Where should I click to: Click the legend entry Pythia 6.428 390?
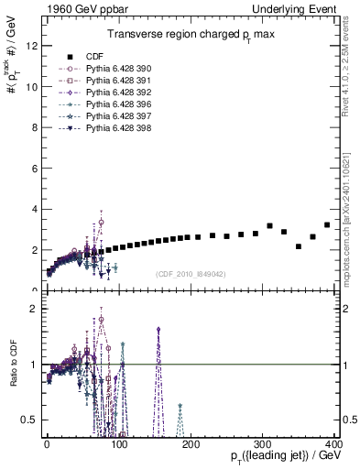(113, 69)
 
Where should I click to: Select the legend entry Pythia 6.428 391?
(113, 81)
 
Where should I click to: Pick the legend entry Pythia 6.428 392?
(113, 93)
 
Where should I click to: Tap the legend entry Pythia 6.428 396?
(113, 104)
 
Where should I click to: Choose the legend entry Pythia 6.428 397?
(113, 116)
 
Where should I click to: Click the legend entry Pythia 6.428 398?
(113, 128)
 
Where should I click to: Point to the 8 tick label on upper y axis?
(34, 127)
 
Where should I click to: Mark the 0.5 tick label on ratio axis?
(30, 420)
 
